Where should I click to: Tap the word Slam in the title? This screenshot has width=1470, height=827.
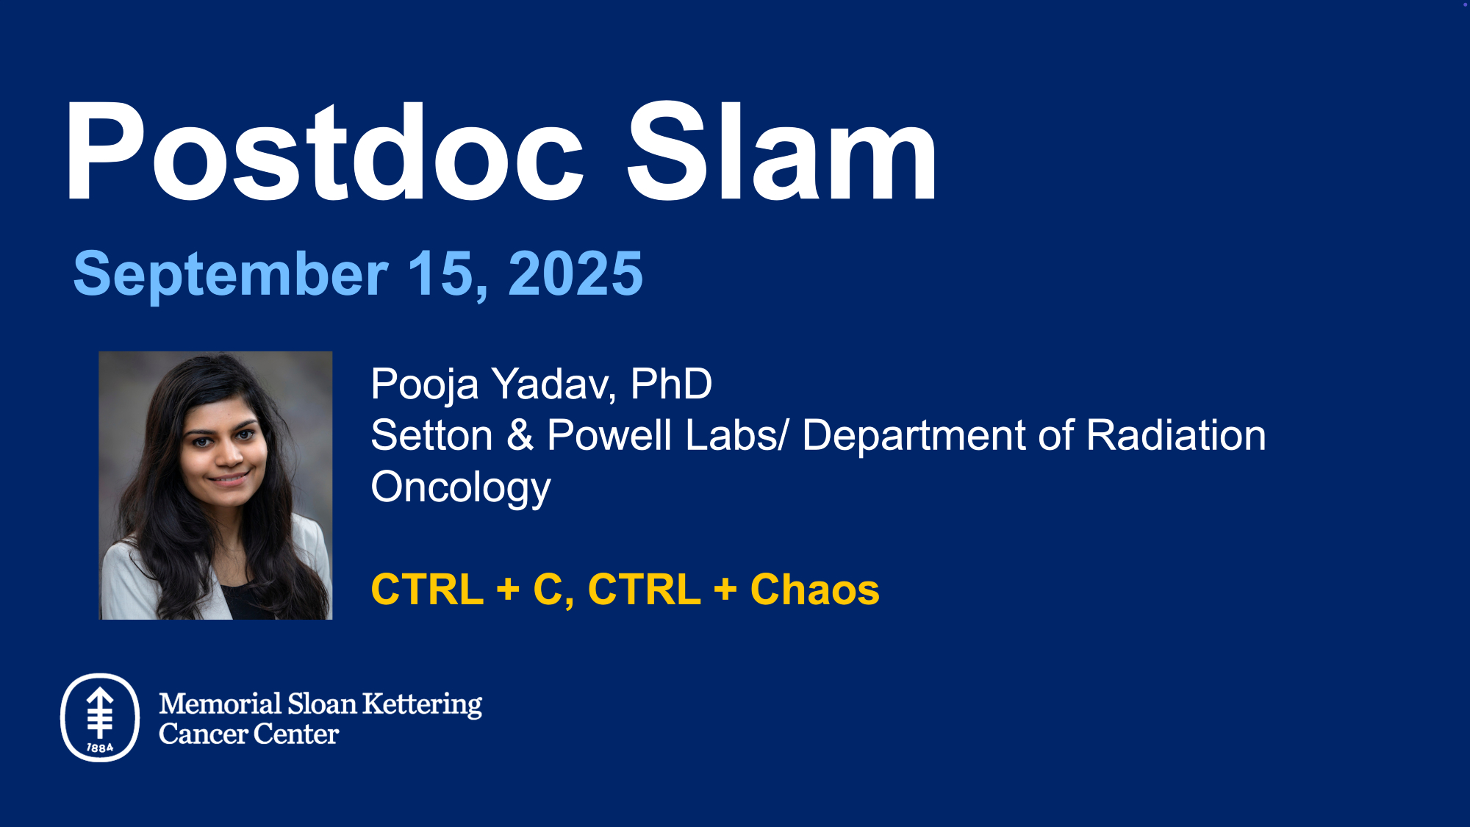point(782,151)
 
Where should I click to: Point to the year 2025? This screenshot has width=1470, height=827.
point(576,273)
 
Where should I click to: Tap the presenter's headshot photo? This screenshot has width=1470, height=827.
point(215,485)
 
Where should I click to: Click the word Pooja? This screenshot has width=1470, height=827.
point(425,385)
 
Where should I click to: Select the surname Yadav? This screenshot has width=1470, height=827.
point(554,384)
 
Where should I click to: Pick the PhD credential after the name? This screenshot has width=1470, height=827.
point(671,384)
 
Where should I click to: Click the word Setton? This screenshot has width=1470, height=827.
point(431,435)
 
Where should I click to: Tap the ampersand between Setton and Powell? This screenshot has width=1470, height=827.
point(520,435)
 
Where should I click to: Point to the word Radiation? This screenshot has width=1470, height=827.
point(1176,435)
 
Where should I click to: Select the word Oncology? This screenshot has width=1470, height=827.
point(461,489)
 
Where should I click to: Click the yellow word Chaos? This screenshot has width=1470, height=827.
point(814,590)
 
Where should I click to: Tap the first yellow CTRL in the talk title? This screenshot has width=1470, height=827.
point(428,590)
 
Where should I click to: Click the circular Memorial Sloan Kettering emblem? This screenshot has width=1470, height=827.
point(100,717)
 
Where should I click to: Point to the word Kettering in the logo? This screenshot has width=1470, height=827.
point(423,705)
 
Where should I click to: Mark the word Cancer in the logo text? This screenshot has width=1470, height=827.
point(203,734)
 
